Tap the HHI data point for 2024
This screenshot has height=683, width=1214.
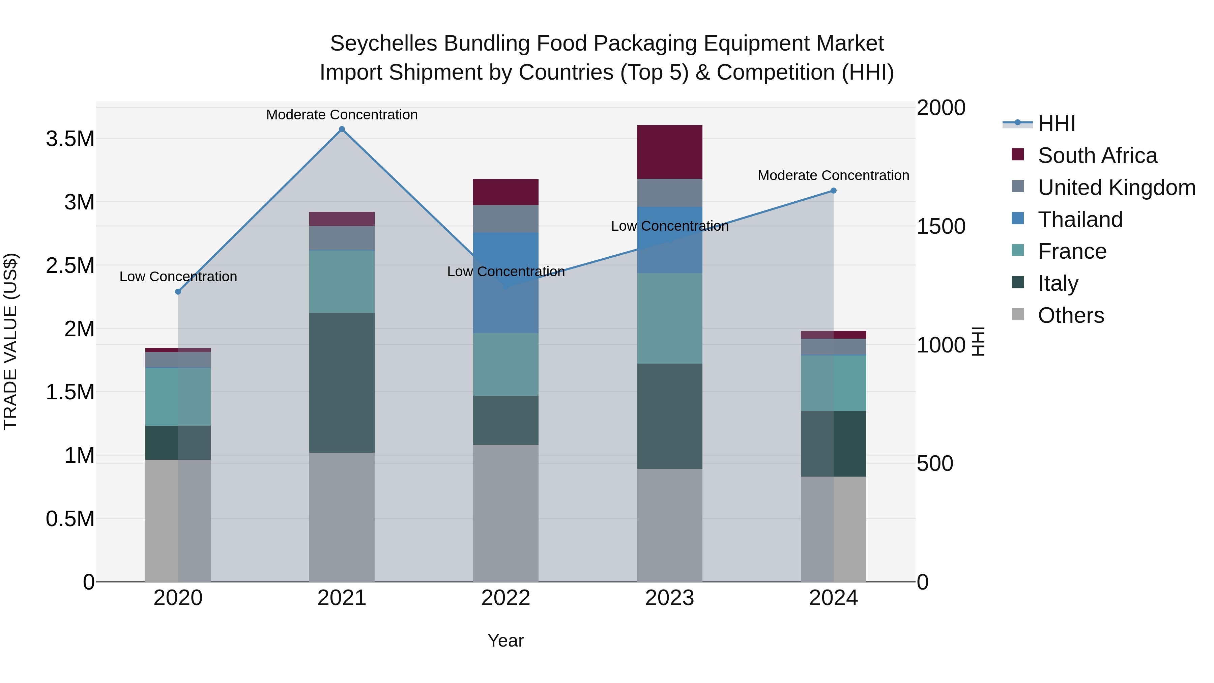tap(833, 191)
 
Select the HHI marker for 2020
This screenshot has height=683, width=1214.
tap(178, 292)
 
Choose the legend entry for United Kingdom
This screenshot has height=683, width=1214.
tap(1116, 188)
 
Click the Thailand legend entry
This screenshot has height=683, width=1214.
tap(1080, 220)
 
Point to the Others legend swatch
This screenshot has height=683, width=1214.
tap(1017, 314)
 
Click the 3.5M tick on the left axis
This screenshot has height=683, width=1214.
tap(70, 139)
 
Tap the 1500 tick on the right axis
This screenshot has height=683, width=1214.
tap(941, 227)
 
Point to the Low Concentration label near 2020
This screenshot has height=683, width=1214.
tap(178, 277)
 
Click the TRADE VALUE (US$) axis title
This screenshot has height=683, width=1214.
tap(10, 341)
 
